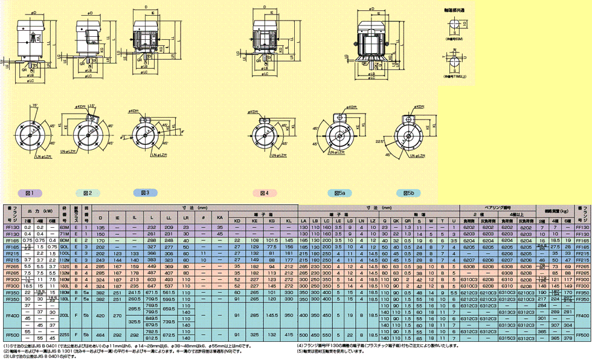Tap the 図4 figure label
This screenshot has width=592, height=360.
[x=264, y=192]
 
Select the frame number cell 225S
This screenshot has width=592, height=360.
[x=65, y=333]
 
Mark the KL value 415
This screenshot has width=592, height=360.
[x=289, y=333]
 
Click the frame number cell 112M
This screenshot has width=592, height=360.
[x=65, y=259]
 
